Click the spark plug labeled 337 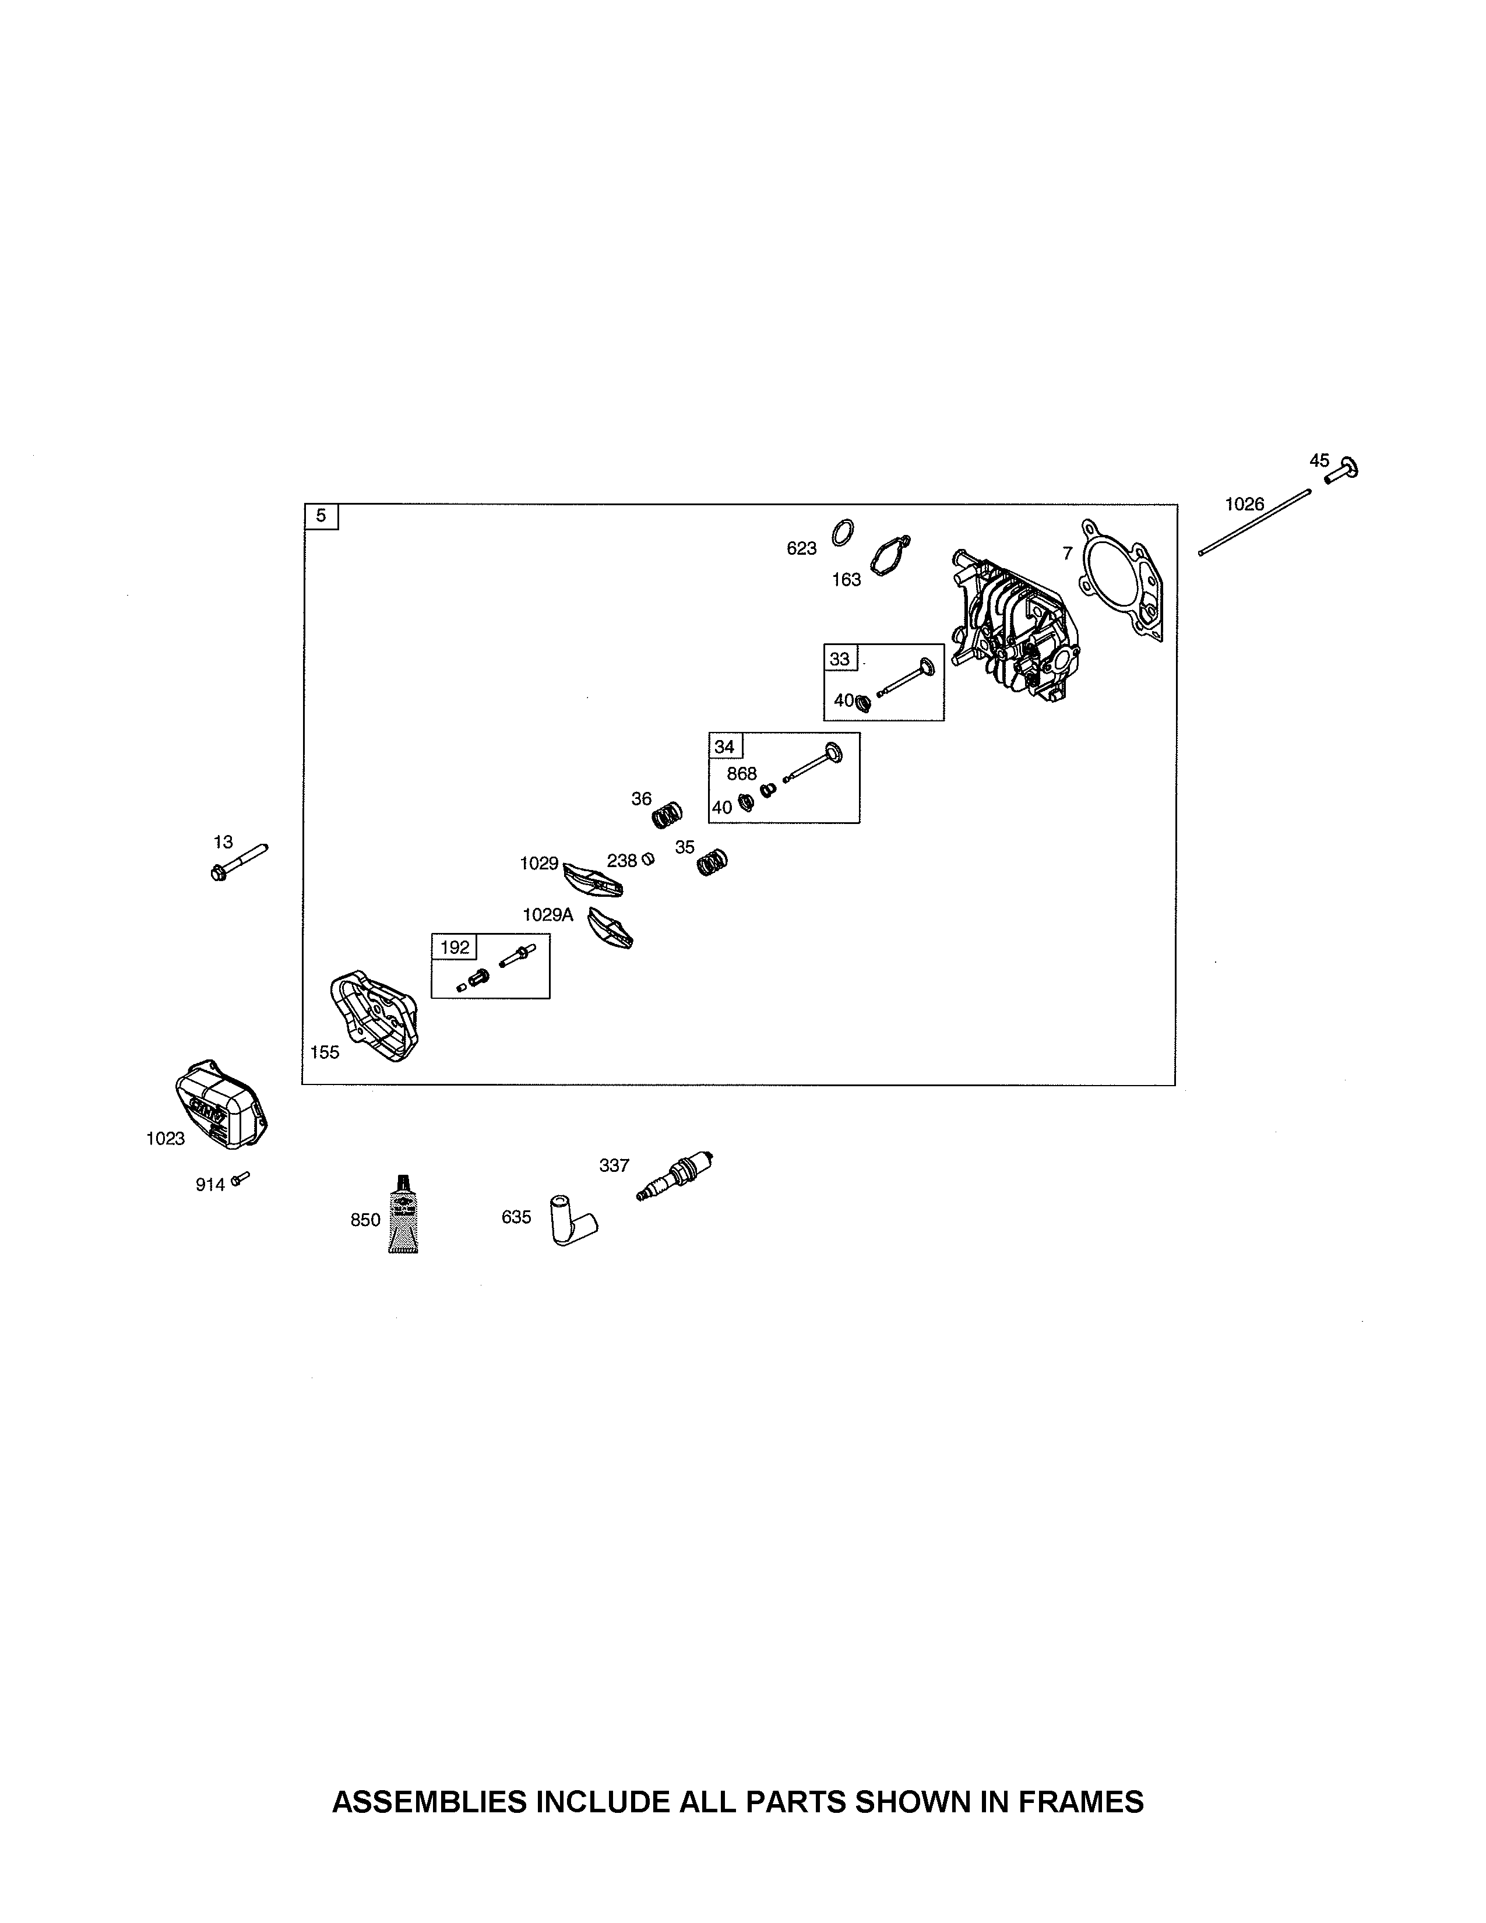tap(674, 1177)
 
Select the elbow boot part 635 tap(573, 1218)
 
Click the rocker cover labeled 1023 tap(221, 1104)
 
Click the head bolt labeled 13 tap(240, 862)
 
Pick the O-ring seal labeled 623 tap(843, 533)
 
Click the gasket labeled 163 tap(890, 557)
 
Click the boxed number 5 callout tap(321, 516)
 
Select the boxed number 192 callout tap(455, 948)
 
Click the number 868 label tap(741, 773)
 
